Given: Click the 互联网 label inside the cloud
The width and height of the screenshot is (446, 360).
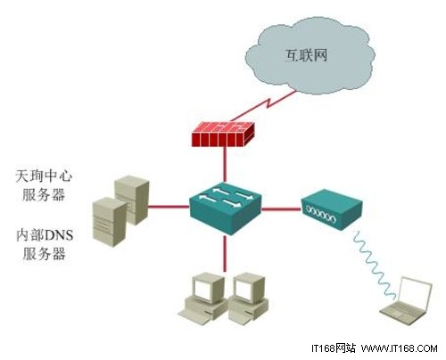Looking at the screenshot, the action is click(x=306, y=55).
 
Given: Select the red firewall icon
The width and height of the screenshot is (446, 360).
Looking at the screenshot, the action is click(x=223, y=134).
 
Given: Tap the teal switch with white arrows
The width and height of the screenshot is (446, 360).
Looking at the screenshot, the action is click(x=226, y=208).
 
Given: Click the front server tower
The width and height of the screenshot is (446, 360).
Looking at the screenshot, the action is click(x=110, y=222).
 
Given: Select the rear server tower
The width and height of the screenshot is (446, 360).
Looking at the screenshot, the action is click(x=132, y=199).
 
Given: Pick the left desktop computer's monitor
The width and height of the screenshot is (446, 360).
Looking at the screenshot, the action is click(x=207, y=287).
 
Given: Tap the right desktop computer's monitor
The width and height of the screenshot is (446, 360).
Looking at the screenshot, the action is click(x=249, y=288).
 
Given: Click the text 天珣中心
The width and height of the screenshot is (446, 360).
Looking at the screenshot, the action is click(x=44, y=176).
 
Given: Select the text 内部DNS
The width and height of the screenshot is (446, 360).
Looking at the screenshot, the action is click(x=45, y=235).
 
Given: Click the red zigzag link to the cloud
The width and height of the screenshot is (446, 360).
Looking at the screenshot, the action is click(x=263, y=106).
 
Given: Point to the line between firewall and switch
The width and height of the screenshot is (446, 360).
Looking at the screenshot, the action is click(x=225, y=164).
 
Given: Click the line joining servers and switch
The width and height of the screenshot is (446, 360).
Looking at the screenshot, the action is click(x=169, y=207).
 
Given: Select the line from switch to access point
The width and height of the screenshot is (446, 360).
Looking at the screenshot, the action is click(x=281, y=209).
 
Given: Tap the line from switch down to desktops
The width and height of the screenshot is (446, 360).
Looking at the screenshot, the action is click(x=225, y=253).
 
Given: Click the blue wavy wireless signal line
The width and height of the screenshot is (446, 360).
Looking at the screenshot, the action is click(x=375, y=263).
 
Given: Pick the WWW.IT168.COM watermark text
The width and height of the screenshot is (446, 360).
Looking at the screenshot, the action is click(x=400, y=348).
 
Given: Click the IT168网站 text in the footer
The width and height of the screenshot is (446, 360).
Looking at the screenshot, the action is click(x=334, y=348).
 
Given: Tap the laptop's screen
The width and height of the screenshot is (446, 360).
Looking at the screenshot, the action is click(x=416, y=292).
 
